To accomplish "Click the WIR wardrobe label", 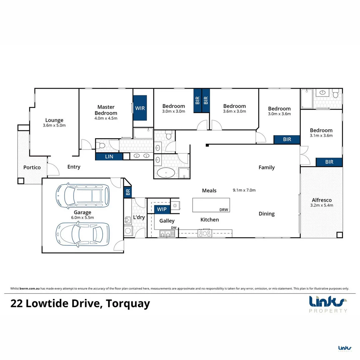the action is [x=140, y=108].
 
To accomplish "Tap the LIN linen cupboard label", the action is [x=109, y=157].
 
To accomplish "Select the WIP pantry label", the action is [x=162, y=209].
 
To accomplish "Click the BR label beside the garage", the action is [x=128, y=192].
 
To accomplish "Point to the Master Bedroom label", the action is [x=106, y=110].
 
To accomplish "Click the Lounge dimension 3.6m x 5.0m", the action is [x=54, y=125].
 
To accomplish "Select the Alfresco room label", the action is [x=322, y=200].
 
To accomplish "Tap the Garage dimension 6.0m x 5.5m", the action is [x=82, y=218].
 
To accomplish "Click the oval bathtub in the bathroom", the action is [x=166, y=173].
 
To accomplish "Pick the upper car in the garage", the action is [x=83, y=196].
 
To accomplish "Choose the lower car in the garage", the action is [x=83, y=234].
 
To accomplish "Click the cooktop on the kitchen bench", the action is [x=205, y=233].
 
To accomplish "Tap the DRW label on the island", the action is [x=224, y=210].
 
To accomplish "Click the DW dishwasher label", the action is [x=174, y=228].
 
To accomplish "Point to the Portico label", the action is [x=32, y=167].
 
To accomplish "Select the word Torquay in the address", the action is [x=128, y=304].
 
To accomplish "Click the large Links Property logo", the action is [x=328, y=304].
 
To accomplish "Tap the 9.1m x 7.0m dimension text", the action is [x=244, y=190].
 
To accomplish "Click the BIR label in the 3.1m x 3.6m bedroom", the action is [x=329, y=162].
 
